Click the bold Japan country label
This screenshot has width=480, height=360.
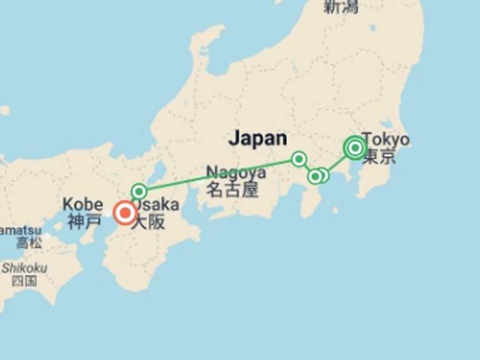[x=257, y=138]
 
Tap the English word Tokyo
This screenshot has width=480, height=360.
[x=386, y=139]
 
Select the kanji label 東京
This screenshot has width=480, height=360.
[x=379, y=156]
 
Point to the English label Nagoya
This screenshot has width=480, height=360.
[x=236, y=172]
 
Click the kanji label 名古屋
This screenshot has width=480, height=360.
[x=232, y=189]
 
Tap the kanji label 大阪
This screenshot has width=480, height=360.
[x=148, y=222]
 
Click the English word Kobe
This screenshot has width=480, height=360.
[x=82, y=204]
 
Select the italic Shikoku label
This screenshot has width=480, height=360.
[x=23, y=267]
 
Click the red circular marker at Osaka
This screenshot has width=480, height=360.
[x=125, y=213]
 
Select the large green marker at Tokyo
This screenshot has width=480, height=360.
[x=355, y=148]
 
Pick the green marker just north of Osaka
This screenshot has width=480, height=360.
[x=139, y=191]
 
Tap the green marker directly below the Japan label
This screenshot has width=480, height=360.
[x=299, y=159]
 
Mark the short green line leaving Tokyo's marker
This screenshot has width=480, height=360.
[x=336, y=164]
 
